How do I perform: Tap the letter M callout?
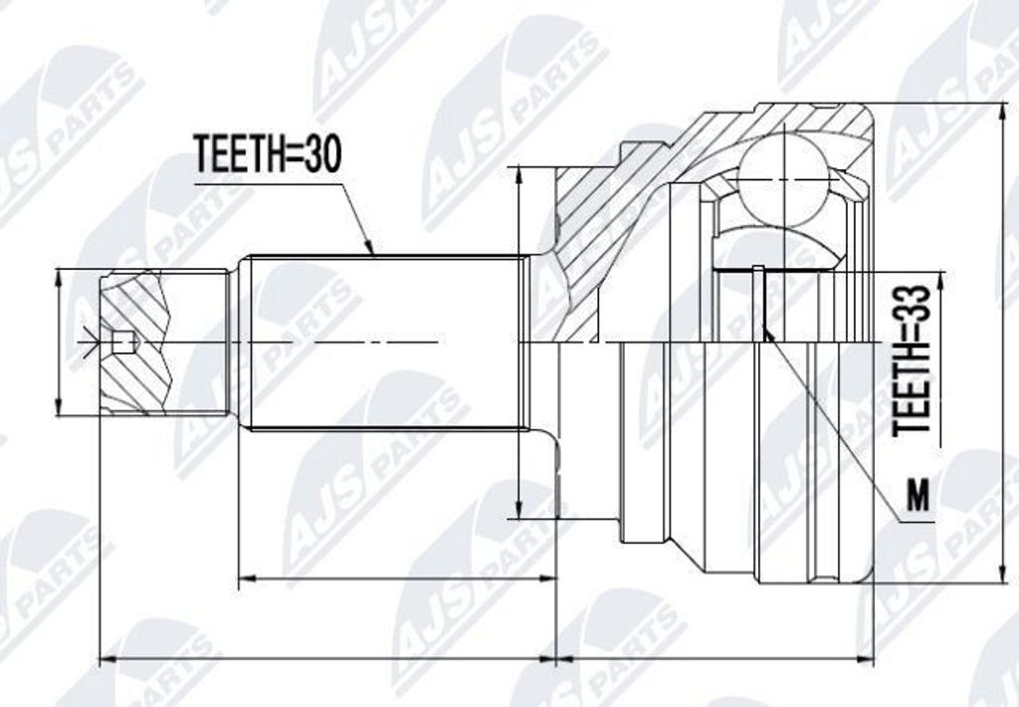(917, 497)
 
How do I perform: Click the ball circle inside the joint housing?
(785, 179)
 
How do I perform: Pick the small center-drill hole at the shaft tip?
(122, 343)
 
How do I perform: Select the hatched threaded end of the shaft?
(136, 343)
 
